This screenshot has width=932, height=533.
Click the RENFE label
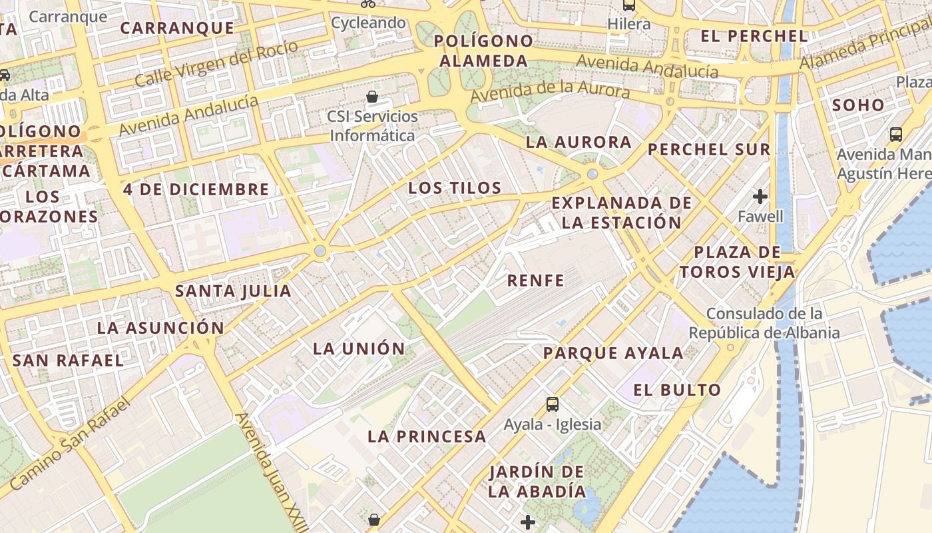(x=535, y=280)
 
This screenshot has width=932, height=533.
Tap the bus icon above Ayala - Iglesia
(x=552, y=404)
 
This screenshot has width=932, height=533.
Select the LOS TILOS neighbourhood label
(x=455, y=188)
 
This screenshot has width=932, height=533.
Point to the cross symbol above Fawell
(x=760, y=197)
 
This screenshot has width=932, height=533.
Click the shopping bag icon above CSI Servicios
(x=372, y=97)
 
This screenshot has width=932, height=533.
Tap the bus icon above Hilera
(x=628, y=5)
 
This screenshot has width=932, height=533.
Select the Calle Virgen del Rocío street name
(x=216, y=63)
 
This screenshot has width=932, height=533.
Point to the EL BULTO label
(x=677, y=390)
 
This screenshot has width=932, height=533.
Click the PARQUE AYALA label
(x=613, y=353)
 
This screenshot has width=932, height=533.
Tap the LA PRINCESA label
(x=427, y=436)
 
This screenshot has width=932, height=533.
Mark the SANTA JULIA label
(x=233, y=290)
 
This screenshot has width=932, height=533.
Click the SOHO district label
(x=858, y=105)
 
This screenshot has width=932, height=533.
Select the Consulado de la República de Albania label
(x=764, y=323)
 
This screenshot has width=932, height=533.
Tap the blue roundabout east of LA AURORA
(x=592, y=174)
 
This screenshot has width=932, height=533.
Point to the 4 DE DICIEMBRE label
(x=196, y=189)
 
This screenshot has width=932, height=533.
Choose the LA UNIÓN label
(x=359, y=348)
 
